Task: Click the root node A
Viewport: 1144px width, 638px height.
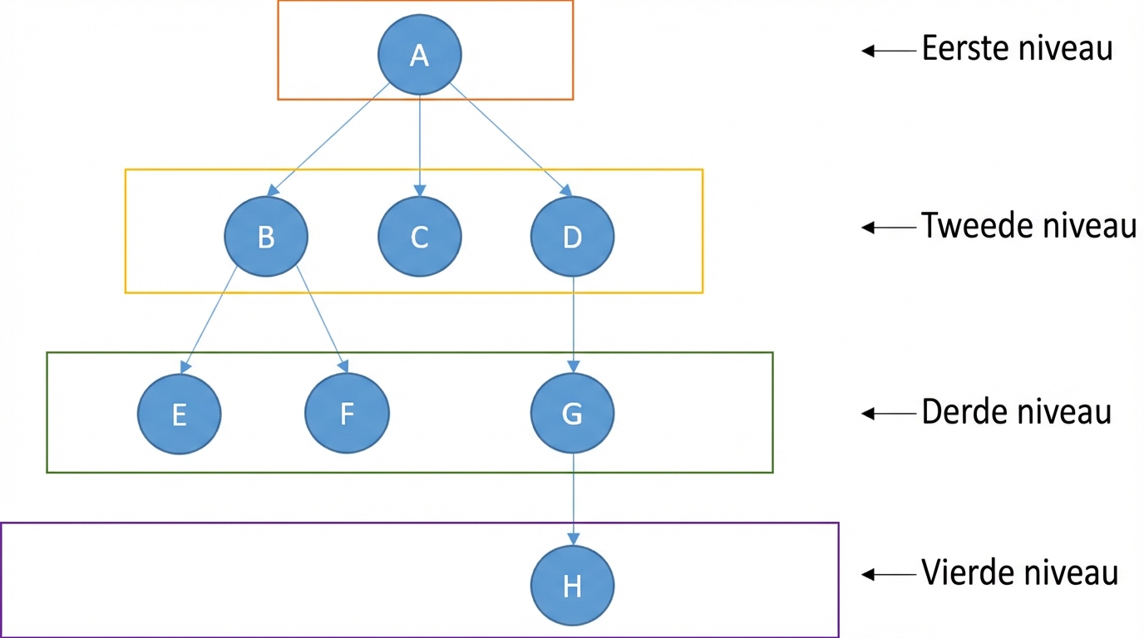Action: (x=419, y=55)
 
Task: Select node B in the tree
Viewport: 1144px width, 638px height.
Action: (x=266, y=237)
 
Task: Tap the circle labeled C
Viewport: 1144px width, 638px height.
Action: (x=419, y=237)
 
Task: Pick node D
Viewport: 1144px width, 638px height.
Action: (x=573, y=237)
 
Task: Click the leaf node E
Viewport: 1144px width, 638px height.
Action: (x=180, y=414)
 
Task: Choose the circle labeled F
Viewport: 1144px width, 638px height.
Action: (x=347, y=413)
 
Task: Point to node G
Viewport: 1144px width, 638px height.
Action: (x=573, y=413)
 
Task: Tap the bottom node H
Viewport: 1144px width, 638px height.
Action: (x=573, y=586)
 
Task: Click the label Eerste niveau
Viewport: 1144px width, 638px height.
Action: (x=1017, y=48)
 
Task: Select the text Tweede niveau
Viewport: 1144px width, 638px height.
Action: (x=1028, y=225)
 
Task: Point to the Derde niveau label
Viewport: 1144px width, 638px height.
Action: (x=1016, y=411)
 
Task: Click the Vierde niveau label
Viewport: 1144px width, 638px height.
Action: (x=1020, y=572)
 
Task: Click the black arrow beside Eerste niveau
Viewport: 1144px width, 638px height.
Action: (x=889, y=51)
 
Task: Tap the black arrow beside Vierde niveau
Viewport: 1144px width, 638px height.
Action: (x=889, y=575)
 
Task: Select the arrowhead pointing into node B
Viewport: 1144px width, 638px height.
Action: (x=274, y=190)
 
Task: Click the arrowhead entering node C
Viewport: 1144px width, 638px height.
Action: (x=420, y=190)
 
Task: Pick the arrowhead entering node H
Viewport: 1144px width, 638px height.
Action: (x=573, y=539)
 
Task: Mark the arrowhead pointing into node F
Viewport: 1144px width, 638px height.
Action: (x=343, y=366)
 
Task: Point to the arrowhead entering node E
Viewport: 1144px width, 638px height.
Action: (x=185, y=366)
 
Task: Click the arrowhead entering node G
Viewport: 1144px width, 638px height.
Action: (x=573, y=366)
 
